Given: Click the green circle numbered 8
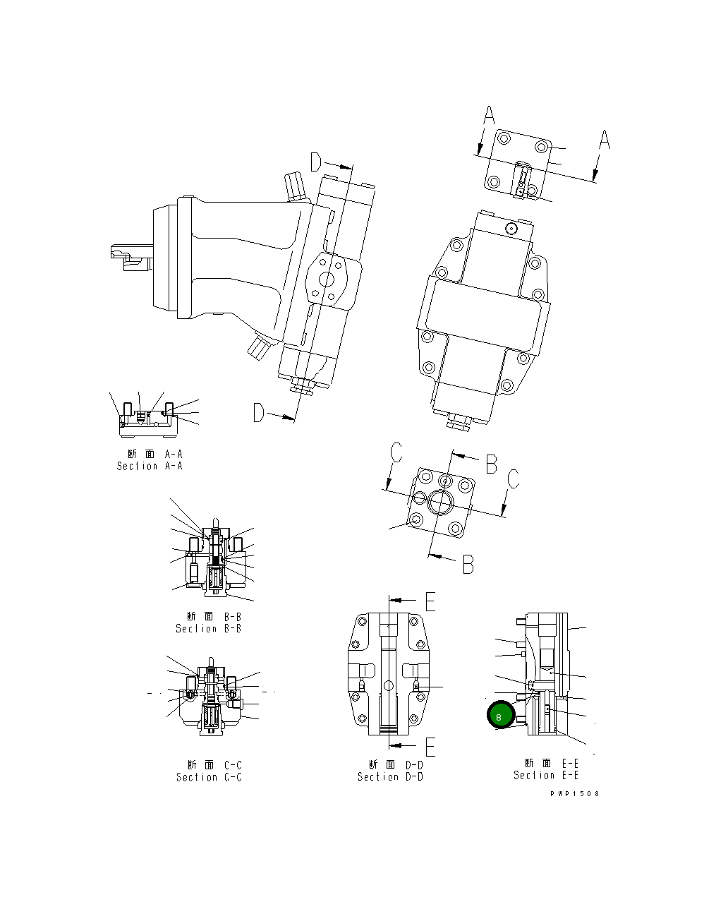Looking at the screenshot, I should tap(499, 716).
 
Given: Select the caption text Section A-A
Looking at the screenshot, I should tap(150, 466).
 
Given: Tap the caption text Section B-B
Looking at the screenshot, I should tap(208, 628).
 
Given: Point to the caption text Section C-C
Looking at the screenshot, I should tap(209, 777).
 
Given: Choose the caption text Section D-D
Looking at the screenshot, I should tap(390, 776).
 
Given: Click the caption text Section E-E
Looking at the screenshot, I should tap(546, 775).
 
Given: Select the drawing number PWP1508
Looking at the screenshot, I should tap(575, 793).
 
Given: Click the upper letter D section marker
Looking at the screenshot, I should tap(316, 163).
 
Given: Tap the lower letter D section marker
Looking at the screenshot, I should tap(259, 413).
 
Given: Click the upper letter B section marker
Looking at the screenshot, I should tap(491, 464).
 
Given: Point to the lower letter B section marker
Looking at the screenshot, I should tap(468, 564).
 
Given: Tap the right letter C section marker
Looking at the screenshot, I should tap(514, 479).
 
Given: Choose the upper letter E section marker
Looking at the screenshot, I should tap(430, 601).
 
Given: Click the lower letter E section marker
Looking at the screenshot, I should tap(430, 746).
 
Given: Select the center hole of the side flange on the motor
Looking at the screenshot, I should tap(327, 280).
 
